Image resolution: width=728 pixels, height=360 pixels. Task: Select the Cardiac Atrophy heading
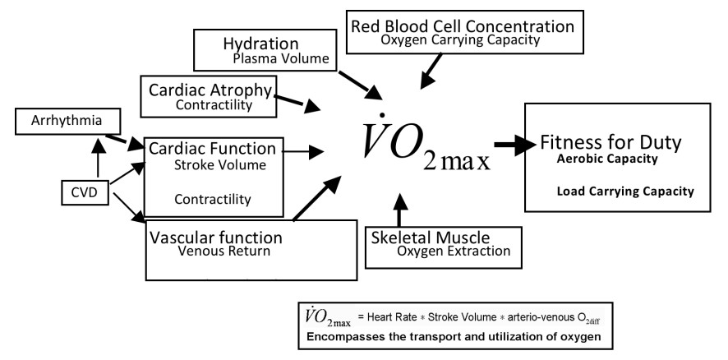click(210, 90)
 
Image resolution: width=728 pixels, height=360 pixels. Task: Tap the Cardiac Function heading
click(212, 150)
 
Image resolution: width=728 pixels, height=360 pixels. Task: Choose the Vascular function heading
click(216, 238)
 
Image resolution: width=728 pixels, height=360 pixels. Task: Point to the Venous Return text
click(223, 252)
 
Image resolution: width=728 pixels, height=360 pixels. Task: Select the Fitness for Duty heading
click(611, 143)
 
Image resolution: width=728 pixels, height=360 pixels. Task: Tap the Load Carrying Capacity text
click(624, 191)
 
